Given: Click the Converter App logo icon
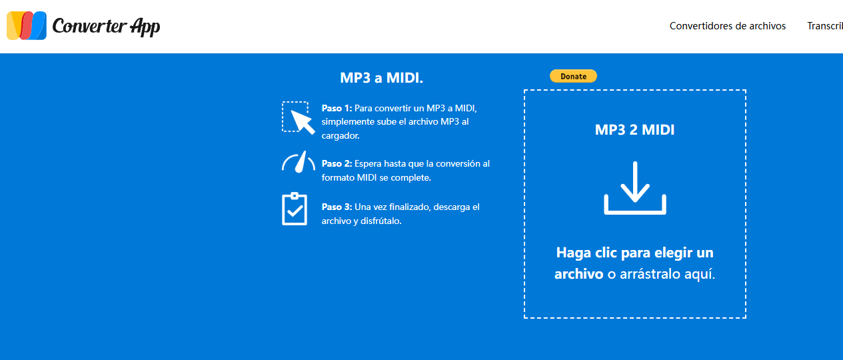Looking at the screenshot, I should tap(27, 26).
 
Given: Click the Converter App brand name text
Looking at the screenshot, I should tap(106, 26).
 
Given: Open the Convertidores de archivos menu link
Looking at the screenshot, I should tap(727, 26).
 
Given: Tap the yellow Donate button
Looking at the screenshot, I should tap(573, 76).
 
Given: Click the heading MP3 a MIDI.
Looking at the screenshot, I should tap(381, 78).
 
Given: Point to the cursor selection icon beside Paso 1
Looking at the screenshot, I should tap(297, 117).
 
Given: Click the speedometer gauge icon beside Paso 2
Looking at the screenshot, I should tap(297, 163).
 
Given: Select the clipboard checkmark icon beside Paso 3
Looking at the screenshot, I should tap(295, 209).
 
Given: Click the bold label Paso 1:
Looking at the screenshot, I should tap(337, 108).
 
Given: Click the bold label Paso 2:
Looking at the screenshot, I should tap(337, 163).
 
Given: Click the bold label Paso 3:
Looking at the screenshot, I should tap(337, 207).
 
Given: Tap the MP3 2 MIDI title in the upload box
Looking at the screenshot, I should tap(634, 130).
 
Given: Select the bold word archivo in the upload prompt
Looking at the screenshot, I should tap(578, 274).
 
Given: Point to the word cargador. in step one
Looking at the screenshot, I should tap(341, 135).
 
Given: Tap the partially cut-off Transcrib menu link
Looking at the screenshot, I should tap(825, 26).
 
